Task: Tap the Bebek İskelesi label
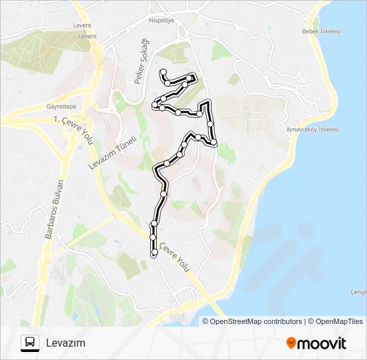(x=321, y=31)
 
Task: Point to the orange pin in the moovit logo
(x=291, y=343)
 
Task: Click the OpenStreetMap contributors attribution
(x=256, y=321)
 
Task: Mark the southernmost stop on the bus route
(x=154, y=253)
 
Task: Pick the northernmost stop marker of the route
(x=163, y=71)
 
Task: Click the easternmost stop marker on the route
(x=214, y=142)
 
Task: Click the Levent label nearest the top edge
(x=83, y=26)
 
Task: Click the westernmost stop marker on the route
(x=155, y=104)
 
